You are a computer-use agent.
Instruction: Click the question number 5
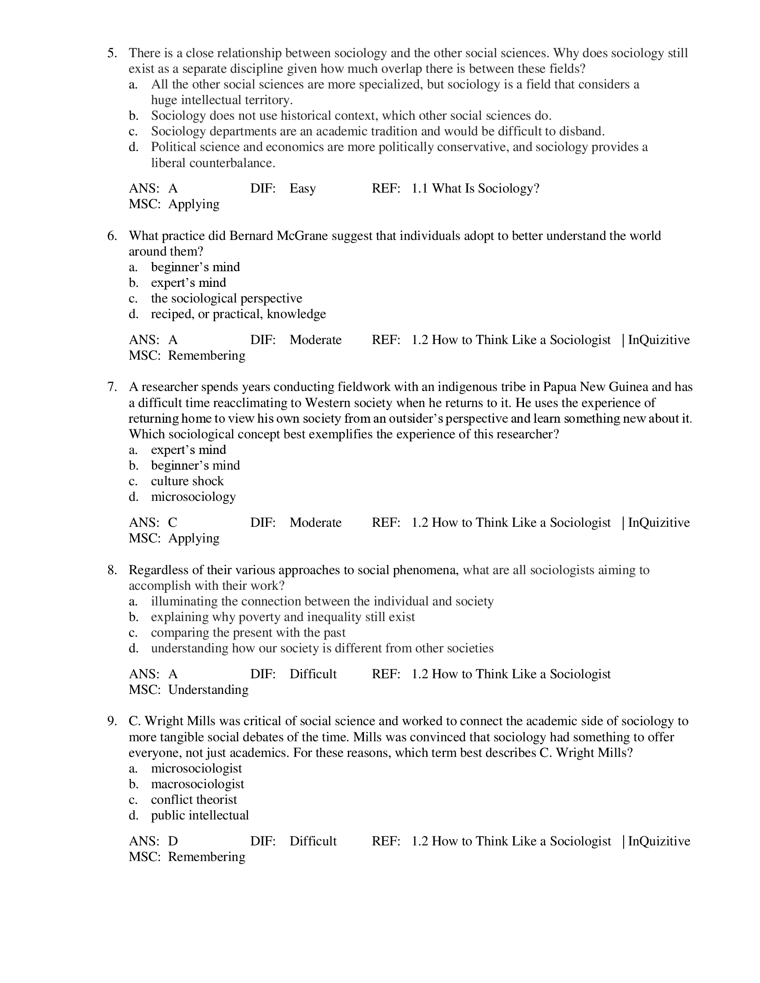[112, 54]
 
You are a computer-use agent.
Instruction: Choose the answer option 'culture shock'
[187, 481]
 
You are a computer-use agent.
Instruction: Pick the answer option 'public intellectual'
[200, 815]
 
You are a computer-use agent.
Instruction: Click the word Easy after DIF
[303, 189]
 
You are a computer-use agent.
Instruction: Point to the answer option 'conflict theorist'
[194, 800]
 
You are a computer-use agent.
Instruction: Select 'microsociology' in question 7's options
[194, 497]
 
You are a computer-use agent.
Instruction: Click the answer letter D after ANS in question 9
[173, 841]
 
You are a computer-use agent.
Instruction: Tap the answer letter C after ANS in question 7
[173, 523]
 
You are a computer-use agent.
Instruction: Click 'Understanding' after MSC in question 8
[208, 689]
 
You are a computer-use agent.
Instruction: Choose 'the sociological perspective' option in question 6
[227, 298]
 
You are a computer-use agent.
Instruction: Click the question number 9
[112, 722]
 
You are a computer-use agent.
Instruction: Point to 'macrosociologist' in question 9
[198, 784]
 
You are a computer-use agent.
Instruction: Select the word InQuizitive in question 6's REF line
[659, 340]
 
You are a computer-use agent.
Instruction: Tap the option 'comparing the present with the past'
[248, 633]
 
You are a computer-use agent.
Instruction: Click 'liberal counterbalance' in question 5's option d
[213, 163]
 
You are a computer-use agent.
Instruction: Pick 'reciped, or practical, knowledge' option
[239, 314]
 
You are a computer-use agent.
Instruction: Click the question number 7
[112, 387]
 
